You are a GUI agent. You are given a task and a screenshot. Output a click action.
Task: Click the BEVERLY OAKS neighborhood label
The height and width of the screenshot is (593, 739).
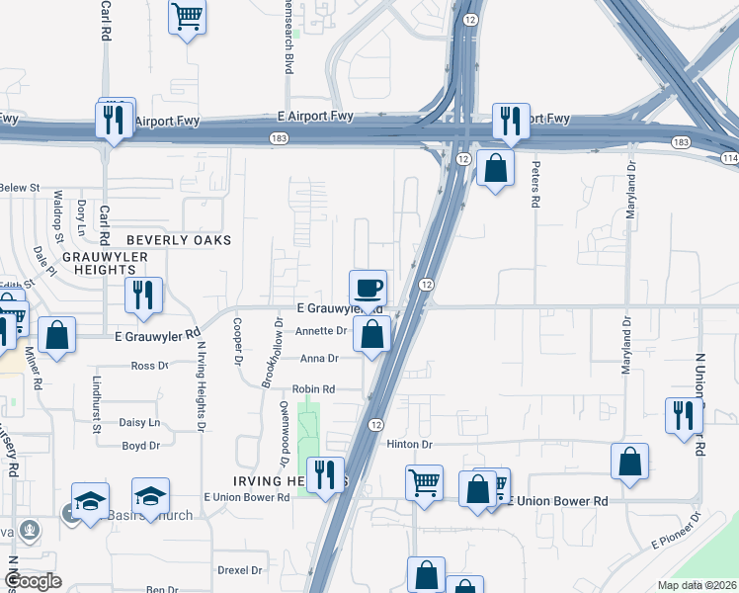click(x=179, y=240)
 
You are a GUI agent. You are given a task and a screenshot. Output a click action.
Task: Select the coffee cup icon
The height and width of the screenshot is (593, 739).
click(x=368, y=288)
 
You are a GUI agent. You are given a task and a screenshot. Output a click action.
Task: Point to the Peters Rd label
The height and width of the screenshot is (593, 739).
click(x=535, y=185)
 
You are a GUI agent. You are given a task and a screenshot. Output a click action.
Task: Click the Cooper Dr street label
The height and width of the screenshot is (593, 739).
click(x=237, y=341)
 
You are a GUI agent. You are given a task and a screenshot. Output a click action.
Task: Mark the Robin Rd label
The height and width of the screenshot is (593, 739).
click(x=313, y=389)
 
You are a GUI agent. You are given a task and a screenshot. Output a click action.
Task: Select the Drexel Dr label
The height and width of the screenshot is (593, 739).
click(x=240, y=570)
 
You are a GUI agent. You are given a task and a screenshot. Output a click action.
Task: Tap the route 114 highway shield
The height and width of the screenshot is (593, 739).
click(x=729, y=159)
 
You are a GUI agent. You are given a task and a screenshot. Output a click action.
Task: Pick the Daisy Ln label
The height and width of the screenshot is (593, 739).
click(x=139, y=423)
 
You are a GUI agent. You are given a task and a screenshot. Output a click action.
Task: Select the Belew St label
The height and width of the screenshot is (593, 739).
click(x=20, y=187)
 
